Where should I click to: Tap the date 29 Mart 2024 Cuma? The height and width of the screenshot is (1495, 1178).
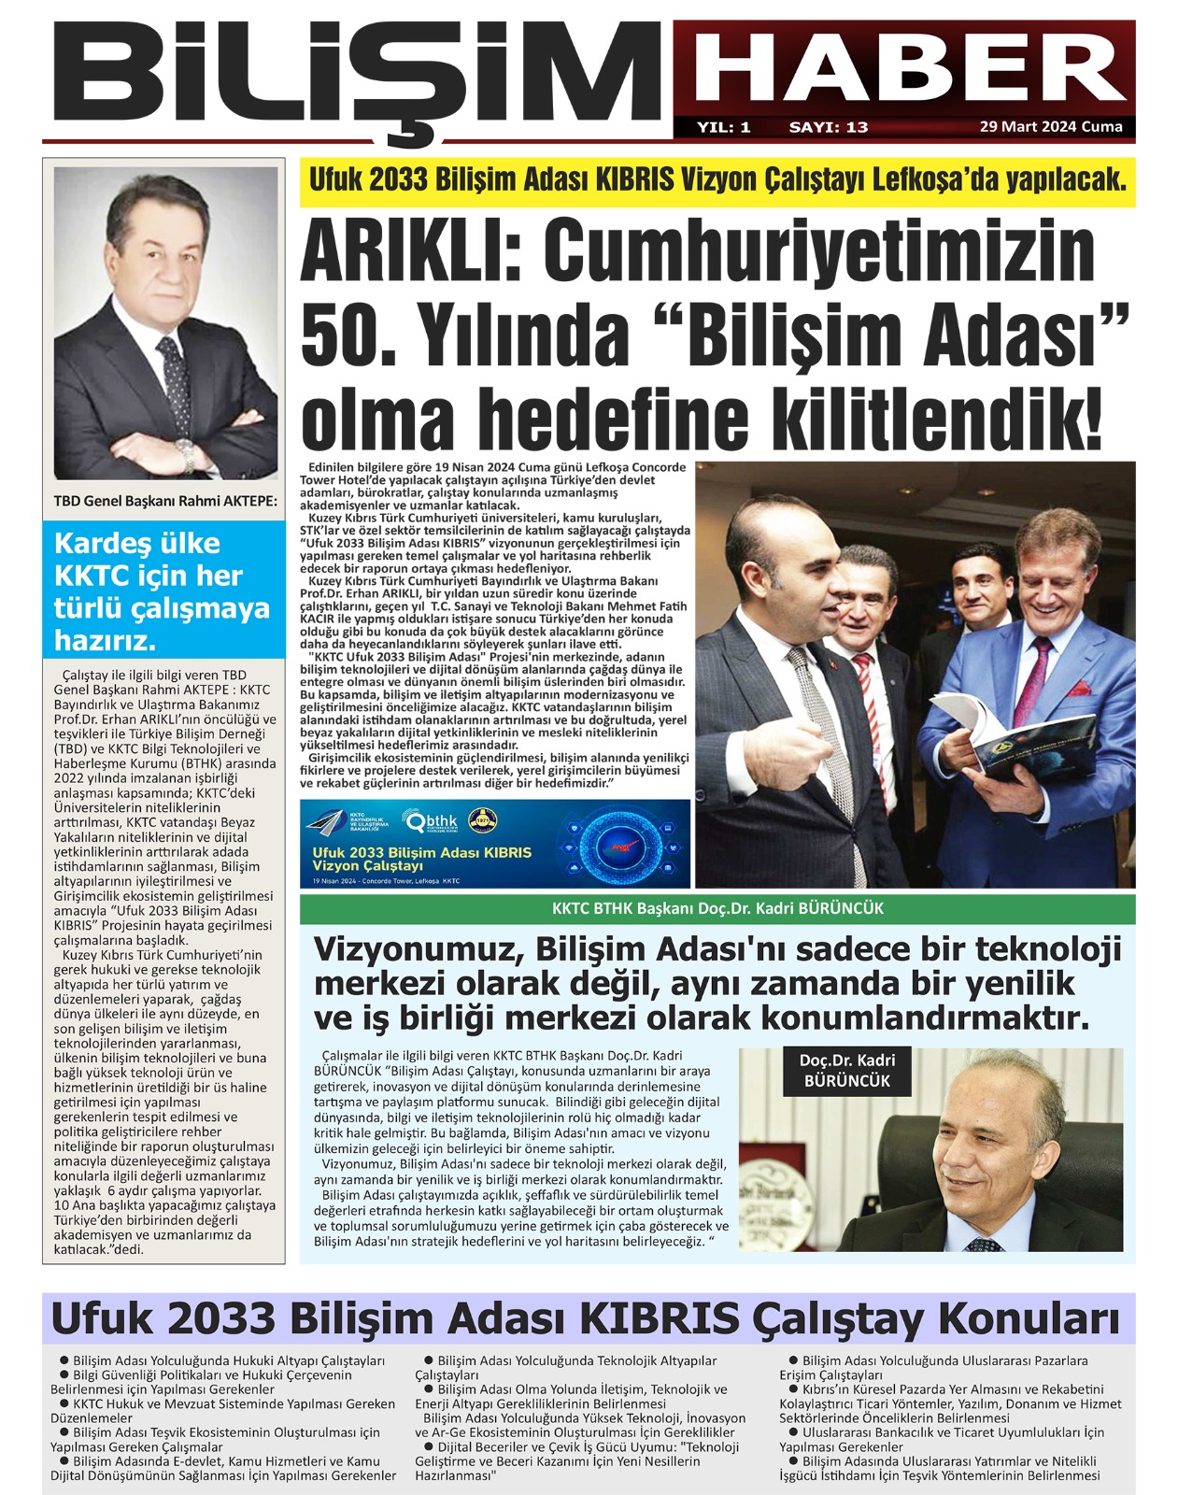(x=1051, y=127)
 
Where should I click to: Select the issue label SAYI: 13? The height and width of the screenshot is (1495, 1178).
(x=829, y=127)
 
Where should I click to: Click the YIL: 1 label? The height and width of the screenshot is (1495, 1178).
(x=723, y=127)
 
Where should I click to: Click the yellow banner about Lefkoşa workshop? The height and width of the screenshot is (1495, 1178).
(x=717, y=180)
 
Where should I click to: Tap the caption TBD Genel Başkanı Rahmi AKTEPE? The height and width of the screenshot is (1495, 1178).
(x=165, y=501)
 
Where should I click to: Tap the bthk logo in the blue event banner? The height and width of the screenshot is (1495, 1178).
(x=430, y=822)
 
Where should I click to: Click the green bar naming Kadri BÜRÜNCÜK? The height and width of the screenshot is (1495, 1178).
(x=717, y=908)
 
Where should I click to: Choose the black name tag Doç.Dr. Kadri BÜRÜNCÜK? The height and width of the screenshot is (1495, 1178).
(x=846, y=1071)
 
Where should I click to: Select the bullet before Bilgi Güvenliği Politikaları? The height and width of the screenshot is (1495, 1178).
(x=64, y=1374)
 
